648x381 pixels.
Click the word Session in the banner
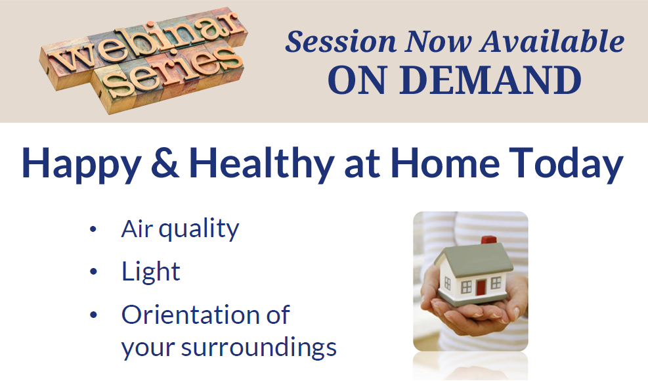point(341,42)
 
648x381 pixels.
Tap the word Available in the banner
point(551,41)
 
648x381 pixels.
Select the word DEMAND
point(490,80)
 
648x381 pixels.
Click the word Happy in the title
point(81,165)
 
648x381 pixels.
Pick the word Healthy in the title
point(261,164)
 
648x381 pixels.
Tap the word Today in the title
point(566,164)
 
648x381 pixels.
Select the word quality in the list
point(199,230)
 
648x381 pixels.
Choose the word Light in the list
point(151,272)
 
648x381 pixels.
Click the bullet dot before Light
point(93,272)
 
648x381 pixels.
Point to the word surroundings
point(259,347)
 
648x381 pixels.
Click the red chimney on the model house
point(488,240)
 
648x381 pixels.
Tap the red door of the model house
point(481,287)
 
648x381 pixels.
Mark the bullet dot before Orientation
point(93,315)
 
